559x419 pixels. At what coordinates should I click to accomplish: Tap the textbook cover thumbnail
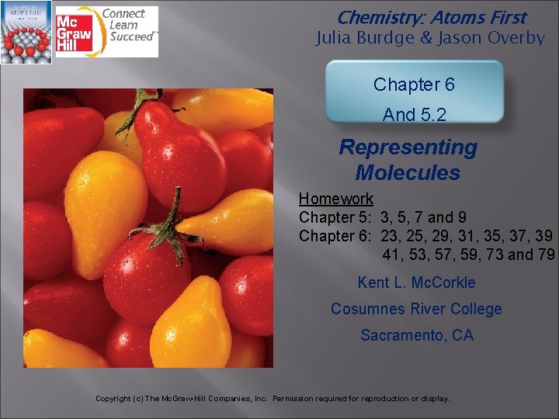coord(26,32)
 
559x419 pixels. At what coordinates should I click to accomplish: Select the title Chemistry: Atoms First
coord(432,17)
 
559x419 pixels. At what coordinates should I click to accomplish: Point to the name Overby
coord(516,38)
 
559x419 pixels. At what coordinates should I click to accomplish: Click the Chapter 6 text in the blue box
coord(414,85)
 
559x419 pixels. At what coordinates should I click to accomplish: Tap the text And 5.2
coord(414,115)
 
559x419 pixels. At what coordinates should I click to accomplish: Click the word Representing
coord(408,147)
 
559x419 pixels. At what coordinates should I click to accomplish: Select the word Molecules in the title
coord(408,172)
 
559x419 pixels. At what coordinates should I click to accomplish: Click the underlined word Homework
coord(336,199)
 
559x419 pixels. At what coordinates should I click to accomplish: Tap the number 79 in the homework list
coord(546,255)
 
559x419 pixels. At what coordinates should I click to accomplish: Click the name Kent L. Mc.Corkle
coord(416,282)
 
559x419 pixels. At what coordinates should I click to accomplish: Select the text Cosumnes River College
coord(416,309)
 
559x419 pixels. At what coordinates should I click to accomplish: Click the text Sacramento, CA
coord(416,335)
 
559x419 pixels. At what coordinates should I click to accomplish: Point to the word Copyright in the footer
coord(113,399)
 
